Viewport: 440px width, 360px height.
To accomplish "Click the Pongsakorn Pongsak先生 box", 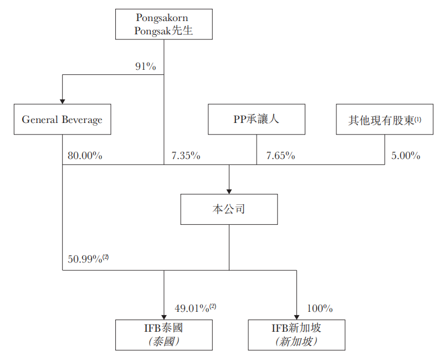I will [165, 24].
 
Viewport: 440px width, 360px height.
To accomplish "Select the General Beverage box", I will [62, 119].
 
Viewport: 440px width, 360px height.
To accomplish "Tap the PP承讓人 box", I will [256, 119].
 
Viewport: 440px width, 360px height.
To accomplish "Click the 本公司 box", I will [229, 209].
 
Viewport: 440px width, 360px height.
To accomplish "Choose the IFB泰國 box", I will [163, 335].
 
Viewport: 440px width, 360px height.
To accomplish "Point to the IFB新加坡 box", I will [296, 335].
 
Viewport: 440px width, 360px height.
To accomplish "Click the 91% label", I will [145, 66].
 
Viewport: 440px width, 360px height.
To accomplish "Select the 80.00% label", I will [85, 156].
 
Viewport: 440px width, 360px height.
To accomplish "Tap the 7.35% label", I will [186, 156].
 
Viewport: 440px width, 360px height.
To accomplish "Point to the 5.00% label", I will [406, 156].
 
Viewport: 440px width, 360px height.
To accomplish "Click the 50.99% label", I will [85, 258].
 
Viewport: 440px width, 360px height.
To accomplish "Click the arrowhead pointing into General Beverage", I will [62, 100].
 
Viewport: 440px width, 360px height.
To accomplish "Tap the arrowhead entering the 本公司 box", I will [229, 190].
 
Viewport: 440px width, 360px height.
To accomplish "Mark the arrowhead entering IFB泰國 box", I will [164, 316].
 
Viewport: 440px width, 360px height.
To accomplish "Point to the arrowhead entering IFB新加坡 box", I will [296, 316].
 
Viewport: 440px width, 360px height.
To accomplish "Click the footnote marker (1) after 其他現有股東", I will [418, 117].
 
